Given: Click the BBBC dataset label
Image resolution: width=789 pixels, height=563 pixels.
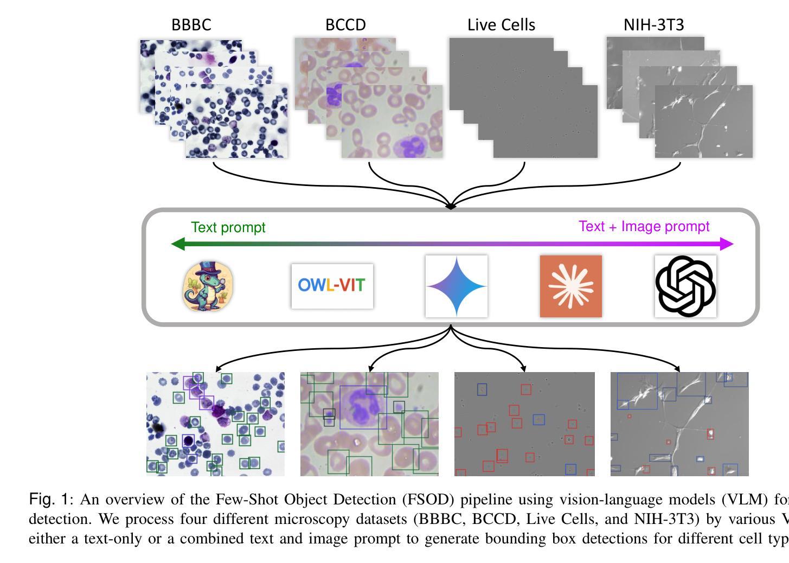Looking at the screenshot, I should [x=191, y=25].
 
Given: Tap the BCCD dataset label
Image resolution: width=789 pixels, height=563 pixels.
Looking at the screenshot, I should [x=345, y=25].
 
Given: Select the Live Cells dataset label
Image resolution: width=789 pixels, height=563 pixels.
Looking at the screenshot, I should [x=501, y=25].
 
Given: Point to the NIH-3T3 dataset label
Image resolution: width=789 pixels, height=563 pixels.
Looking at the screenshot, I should [x=653, y=25].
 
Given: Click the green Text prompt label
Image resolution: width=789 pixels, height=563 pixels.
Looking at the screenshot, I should [x=228, y=227].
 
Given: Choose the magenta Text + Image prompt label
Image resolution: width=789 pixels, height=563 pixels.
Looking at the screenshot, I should [x=644, y=226].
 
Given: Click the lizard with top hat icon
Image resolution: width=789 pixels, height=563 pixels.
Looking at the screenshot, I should [x=208, y=286].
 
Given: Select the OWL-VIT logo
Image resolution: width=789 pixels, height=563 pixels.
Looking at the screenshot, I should [x=332, y=285].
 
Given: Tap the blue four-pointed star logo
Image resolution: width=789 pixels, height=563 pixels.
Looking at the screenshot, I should [x=456, y=286].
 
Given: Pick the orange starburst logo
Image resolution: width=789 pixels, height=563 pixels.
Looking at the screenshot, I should [x=570, y=286].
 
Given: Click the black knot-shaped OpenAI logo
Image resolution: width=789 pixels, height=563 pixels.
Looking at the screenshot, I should [x=685, y=286].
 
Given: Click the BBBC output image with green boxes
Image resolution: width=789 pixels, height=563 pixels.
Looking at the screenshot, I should [x=215, y=424].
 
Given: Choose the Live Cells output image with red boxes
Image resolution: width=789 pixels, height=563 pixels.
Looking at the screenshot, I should [x=524, y=424].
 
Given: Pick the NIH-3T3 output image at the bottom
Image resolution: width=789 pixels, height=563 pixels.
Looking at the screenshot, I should [x=679, y=424].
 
